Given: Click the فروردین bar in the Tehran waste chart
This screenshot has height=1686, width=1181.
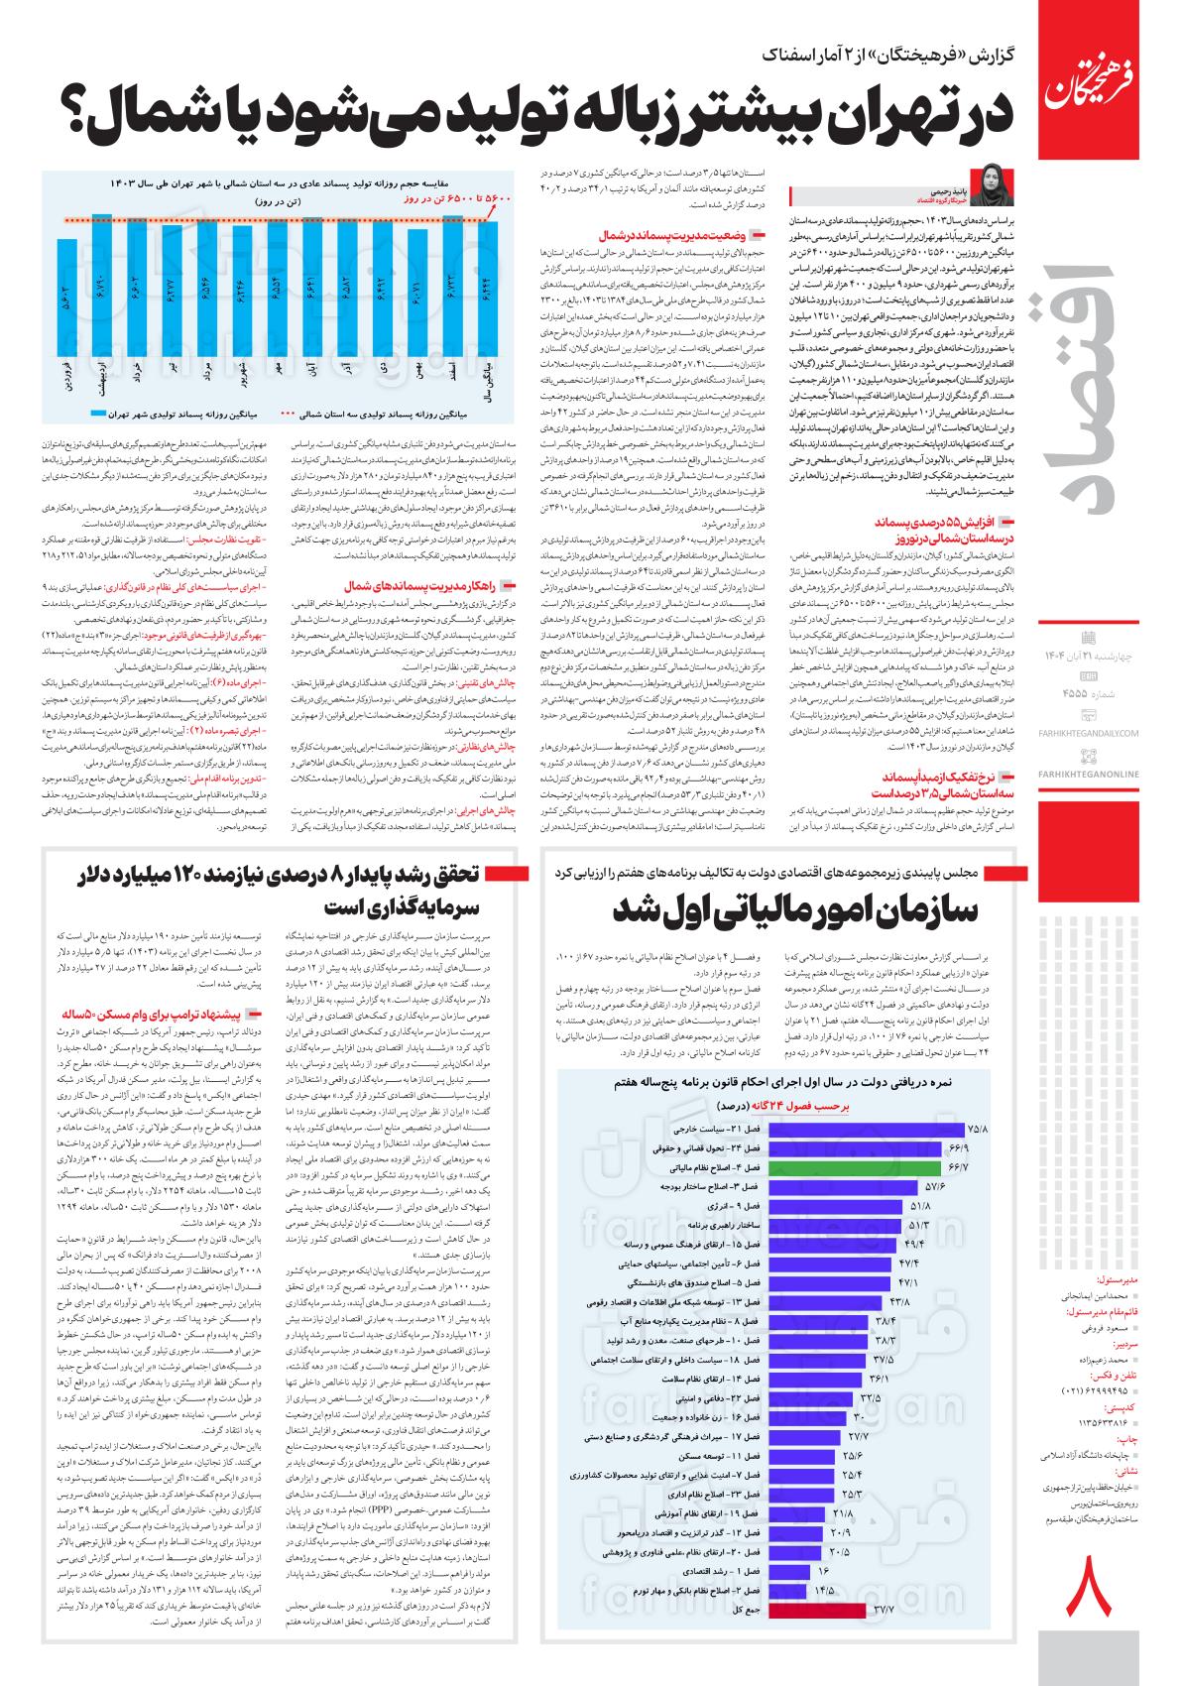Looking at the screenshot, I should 67,298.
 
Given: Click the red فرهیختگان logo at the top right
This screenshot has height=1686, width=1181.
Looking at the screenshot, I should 1085,75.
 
